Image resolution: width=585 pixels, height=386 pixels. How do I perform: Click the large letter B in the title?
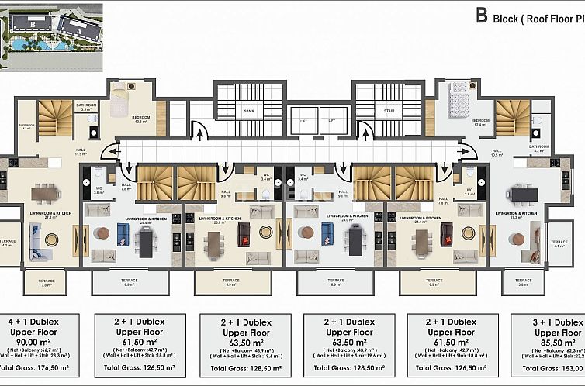point(482,15)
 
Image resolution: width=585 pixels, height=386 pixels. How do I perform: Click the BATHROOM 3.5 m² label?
point(86,107)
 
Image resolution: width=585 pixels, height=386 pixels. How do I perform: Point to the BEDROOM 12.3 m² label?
point(140,119)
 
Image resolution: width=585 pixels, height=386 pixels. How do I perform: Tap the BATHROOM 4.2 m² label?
point(538,148)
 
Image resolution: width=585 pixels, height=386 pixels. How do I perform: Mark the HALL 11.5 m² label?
point(80,152)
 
